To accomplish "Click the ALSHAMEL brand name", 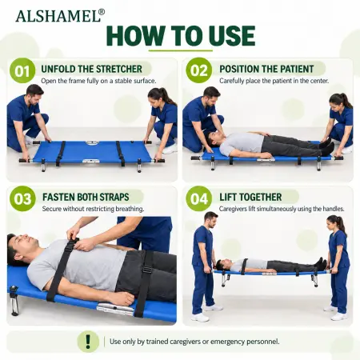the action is [58, 16].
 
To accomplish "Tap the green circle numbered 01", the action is [22, 70].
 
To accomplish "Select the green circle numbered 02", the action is [199, 70].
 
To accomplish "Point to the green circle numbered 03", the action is [22, 198].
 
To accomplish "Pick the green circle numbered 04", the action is [199, 198].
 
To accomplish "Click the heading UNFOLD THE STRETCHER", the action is [91, 69].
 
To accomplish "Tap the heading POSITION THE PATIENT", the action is [266, 69].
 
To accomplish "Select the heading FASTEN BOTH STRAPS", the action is [86, 197].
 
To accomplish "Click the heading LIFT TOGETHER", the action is [250, 197].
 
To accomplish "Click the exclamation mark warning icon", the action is [88, 342].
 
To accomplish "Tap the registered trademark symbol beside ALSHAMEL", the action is [102, 12].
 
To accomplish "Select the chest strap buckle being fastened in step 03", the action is [73, 243].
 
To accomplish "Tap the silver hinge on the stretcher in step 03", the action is [115, 309].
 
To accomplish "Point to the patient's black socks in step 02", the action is [327, 147].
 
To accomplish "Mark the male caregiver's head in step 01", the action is [34, 94].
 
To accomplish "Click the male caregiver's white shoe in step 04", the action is [200, 318].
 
